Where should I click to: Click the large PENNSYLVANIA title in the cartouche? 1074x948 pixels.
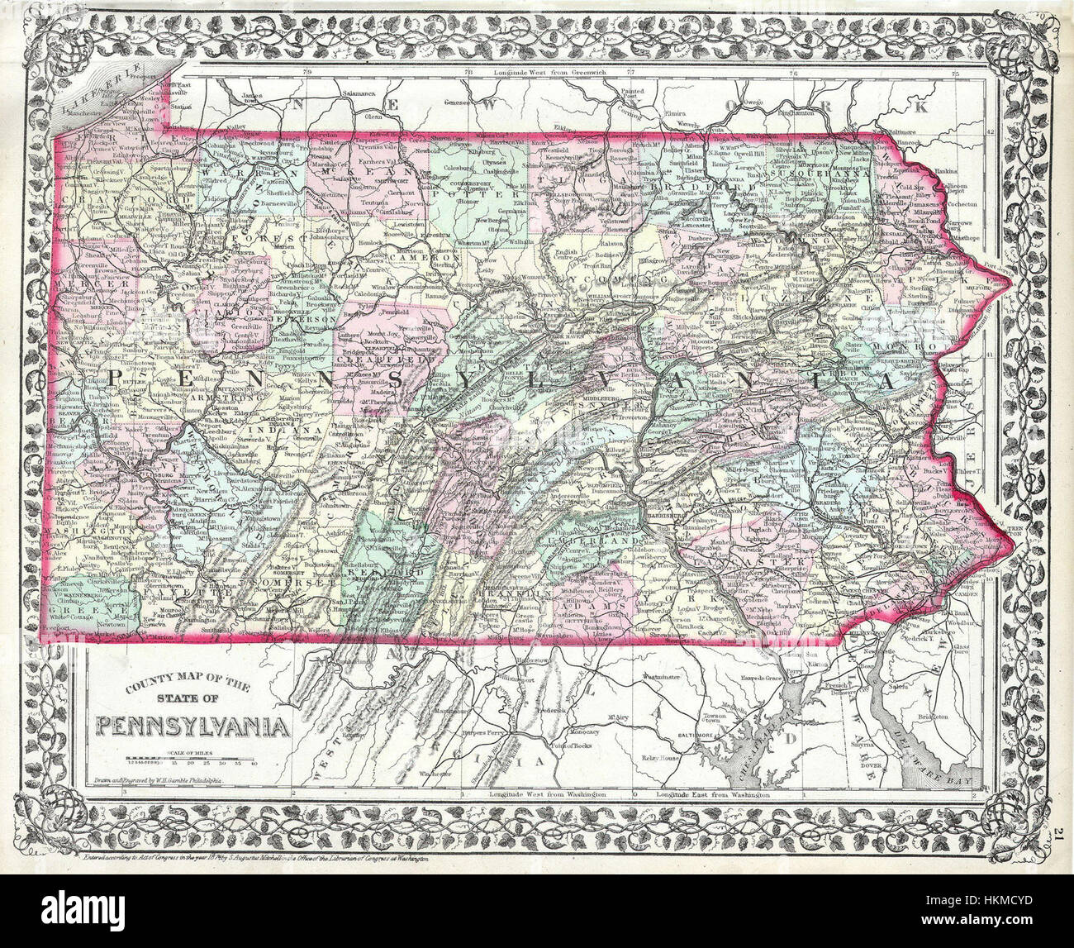193,726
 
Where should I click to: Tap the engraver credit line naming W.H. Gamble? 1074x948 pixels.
171,779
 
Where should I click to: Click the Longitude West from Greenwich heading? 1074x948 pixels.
552,73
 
